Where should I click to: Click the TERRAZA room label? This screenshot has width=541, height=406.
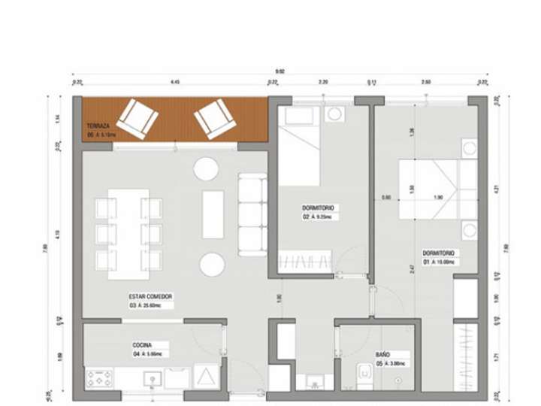(x=98, y=126)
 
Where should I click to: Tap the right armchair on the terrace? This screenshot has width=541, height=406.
(x=214, y=120)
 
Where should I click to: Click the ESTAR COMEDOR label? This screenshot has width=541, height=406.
(x=151, y=298)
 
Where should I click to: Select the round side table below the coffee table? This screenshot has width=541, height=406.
(x=211, y=264)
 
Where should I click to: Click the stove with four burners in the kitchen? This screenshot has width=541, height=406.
(x=100, y=377)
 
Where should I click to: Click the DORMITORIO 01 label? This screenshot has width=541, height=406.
(x=440, y=253)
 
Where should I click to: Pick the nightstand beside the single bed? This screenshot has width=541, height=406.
(x=334, y=116)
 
